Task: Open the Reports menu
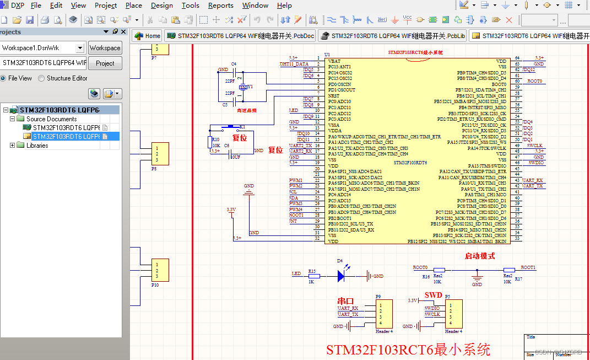pyautogui.click(x=220, y=6)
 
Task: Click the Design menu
pyautogui.click(x=161, y=6)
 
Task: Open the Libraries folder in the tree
pyautogui.click(x=37, y=146)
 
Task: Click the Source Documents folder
pyautogui.click(x=51, y=119)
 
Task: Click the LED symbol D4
pyautogui.click(x=341, y=274)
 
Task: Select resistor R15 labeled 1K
pyautogui.click(x=312, y=275)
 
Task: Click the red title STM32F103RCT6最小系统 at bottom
pyautogui.click(x=408, y=350)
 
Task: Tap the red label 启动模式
pyautogui.click(x=479, y=256)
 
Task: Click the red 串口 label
pyautogui.click(x=345, y=301)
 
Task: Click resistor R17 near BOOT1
pyautogui.click(x=508, y=270)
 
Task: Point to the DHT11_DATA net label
pyautogui.click(x=294, y=64)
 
